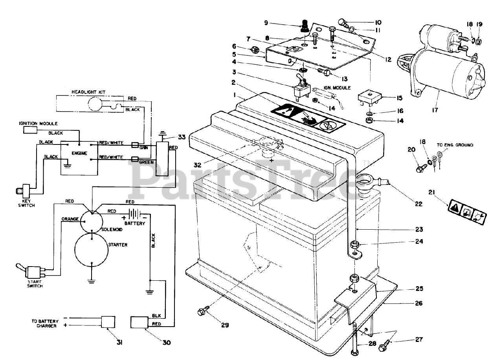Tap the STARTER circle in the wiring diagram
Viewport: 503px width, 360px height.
pos(91,251)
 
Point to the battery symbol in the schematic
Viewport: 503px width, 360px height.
pos(134,215)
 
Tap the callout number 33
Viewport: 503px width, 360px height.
pos(181,137)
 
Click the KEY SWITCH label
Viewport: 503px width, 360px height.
pos(27,203)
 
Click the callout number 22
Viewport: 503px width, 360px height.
pos(418,204)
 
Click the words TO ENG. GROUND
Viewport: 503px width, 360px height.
pos(455,145)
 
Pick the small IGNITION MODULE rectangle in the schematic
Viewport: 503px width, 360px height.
pos(30,130)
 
